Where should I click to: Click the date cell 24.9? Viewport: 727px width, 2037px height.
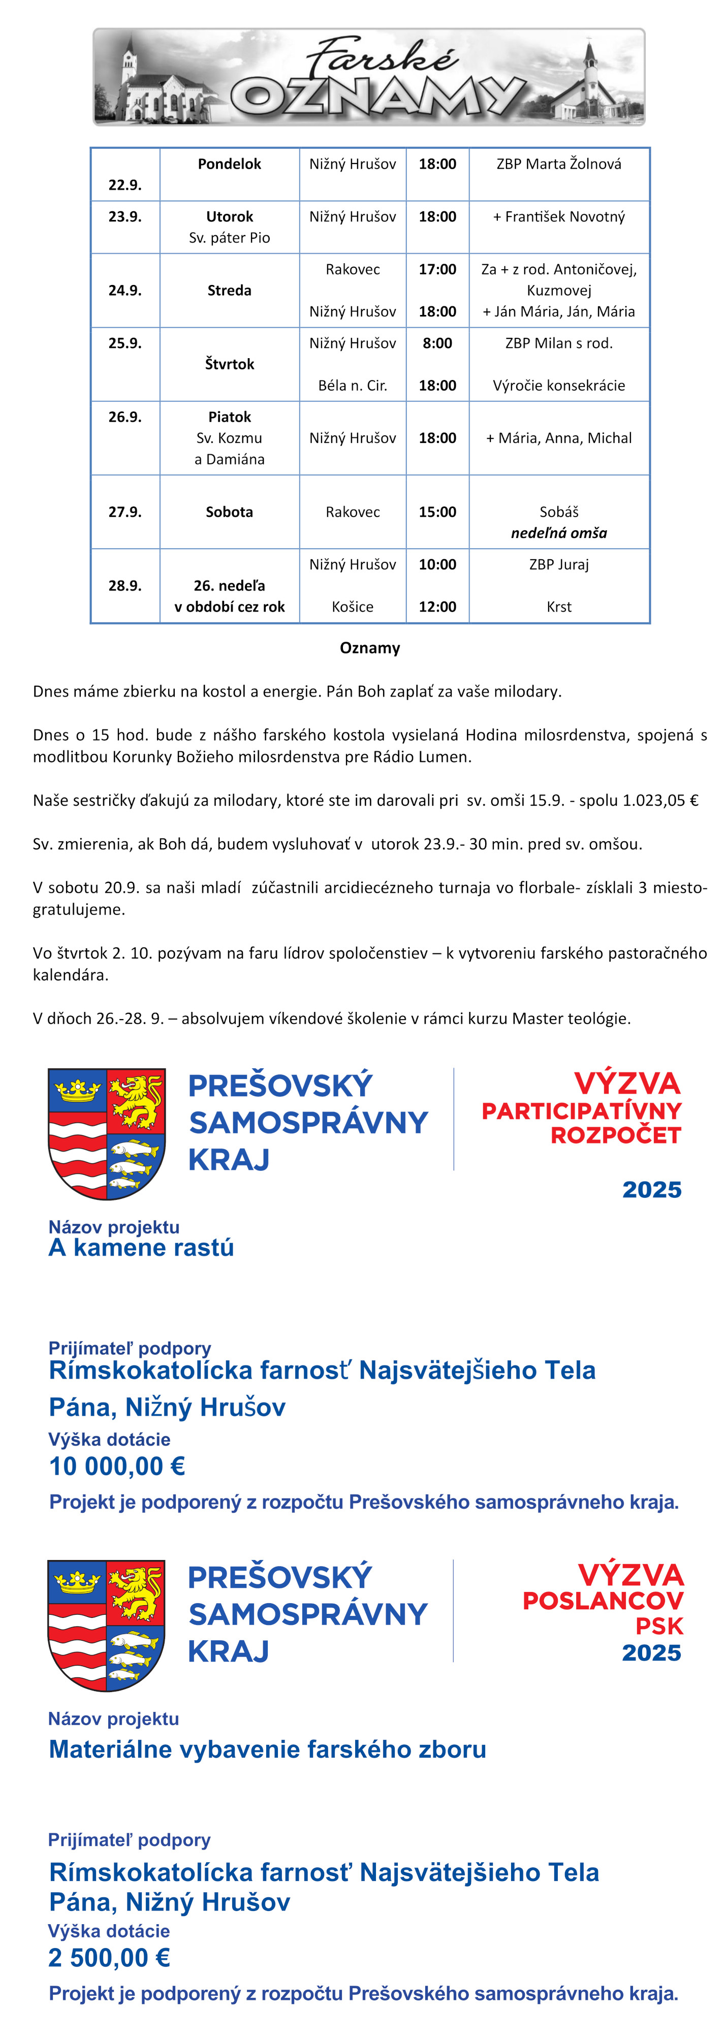[125, 290]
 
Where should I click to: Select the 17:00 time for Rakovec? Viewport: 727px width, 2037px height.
[437, 269]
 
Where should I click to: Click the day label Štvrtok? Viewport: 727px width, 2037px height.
[230, 364]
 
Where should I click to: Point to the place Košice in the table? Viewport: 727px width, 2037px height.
[352, 607]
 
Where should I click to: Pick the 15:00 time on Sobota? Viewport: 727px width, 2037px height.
[437, 512]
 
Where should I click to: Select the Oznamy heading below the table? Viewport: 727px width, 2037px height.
[369, 648]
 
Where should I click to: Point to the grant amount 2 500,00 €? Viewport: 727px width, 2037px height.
[109, 1957]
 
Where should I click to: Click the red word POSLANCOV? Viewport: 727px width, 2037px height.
[603, 1601]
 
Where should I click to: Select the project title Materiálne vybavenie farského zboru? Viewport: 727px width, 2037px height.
[267, 1748]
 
